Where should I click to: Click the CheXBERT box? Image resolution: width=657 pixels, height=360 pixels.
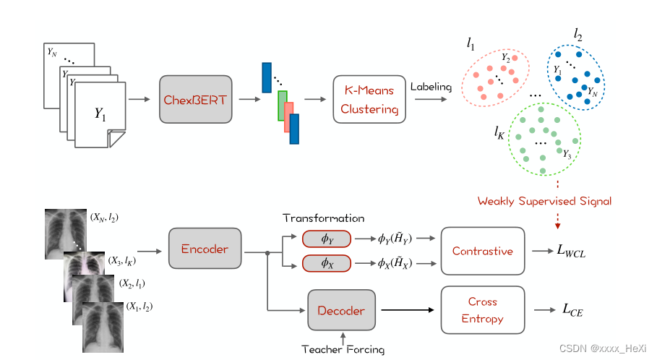pyautogui.click(x=196, y=99)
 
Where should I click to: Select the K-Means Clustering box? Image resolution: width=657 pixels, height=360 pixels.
pyautogui.click(x=369, y=99)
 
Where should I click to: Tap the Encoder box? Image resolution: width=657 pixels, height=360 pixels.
pyautogui.click(x=205, y=249)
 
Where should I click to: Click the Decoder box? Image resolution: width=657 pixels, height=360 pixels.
pyautogui.click(x=341, y=311)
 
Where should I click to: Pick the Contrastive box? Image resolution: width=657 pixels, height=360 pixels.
pyautogui.click(x=482, y=251)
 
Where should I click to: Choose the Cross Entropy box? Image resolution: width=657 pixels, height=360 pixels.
pyautogui.click(x=482, y=310)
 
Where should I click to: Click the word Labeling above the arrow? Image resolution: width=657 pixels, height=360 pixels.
pyautogui.click(x=431, y=87)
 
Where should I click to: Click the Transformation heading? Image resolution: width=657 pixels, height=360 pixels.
pyautogui.click(x=323, y=218)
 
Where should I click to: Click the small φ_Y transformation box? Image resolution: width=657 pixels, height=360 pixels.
pyautogui.click(x=327, y=239)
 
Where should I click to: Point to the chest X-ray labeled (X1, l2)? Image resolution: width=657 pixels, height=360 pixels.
pyautogui.click(x=103, y=326)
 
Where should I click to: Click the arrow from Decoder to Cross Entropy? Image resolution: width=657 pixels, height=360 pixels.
pyautogui.click(x=408, y=310)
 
